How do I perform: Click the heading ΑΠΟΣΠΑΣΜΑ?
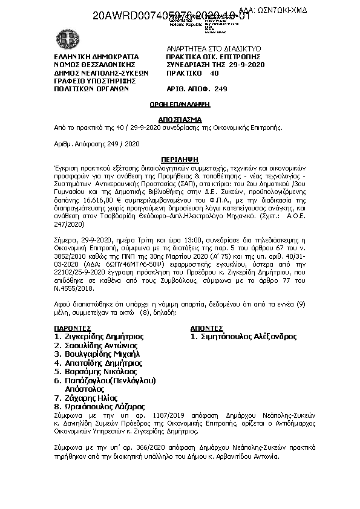[180, 120]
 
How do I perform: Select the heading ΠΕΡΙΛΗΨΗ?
[180, 158]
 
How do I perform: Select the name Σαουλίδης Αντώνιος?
[99, 345]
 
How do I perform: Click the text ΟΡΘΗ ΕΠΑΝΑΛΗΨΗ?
[180, 105]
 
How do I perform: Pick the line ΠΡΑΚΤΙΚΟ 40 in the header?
[192, 73]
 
